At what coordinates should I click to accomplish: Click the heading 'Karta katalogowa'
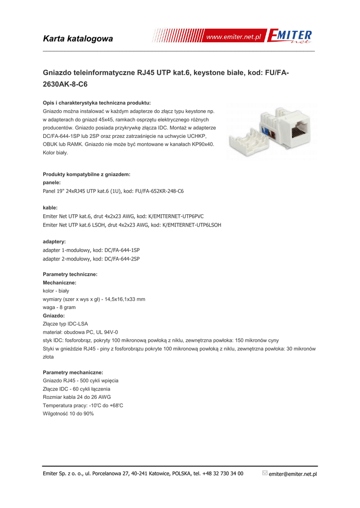click(78, 39)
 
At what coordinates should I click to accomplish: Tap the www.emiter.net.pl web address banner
click(233, 37)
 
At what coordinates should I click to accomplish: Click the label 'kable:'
click(50, 207)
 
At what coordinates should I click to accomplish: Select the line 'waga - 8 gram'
click(60, 308)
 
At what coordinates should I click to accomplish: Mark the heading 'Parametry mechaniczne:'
click(73, 372)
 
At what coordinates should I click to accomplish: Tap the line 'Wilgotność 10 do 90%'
click(69, 413)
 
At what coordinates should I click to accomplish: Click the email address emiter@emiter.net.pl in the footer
click(292, 474)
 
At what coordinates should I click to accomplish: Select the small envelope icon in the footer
click(264, 473)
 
